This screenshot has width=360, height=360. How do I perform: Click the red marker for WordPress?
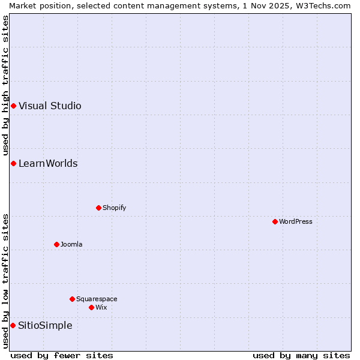275,221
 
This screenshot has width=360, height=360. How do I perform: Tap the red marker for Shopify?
98,208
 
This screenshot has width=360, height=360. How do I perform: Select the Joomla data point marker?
56,244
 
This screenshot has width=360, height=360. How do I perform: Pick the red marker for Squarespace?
72,299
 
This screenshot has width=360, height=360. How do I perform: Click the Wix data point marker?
91,307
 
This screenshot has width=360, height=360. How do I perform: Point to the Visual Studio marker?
13,106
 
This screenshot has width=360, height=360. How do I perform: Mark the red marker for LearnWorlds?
13,163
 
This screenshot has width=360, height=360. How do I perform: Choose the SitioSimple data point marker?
13,325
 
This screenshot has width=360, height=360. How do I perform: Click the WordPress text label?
296,221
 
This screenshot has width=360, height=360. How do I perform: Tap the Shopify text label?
115,208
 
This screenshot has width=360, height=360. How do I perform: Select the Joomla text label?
71,244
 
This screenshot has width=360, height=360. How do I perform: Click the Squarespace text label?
97,299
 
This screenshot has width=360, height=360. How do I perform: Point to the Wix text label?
101,307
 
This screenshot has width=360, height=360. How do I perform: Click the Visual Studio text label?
50,106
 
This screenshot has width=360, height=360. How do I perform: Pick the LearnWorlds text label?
48,163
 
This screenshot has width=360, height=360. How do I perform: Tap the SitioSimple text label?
45,325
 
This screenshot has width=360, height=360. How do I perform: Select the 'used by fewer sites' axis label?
62,355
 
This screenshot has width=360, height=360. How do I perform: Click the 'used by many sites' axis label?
301,355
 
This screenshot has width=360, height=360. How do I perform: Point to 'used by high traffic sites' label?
5,86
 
